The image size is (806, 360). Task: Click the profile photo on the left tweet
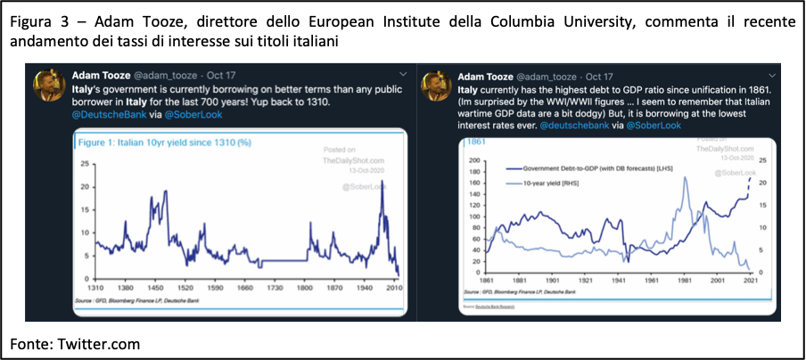coord(49,85)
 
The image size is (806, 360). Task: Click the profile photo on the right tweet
coord(437,86)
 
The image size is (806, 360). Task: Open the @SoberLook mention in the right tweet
coord(654,126)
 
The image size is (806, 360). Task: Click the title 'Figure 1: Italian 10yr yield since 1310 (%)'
coord(165,143)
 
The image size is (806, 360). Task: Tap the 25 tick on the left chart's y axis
coord(85,164)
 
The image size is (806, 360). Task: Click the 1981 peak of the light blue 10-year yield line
coord(685,178)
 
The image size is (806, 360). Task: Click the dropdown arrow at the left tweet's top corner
coord(403,75)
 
